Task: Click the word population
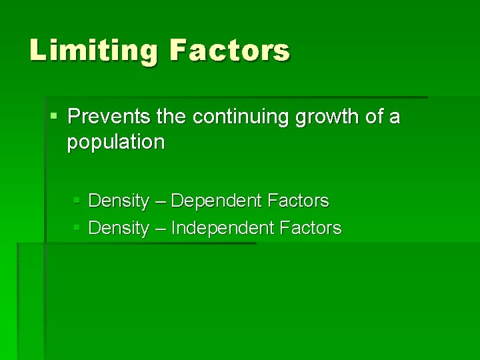click(115, 143)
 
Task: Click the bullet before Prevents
click(54, 118)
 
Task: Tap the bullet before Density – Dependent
click(77, 201)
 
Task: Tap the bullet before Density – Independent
click(77, 229)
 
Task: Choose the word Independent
click(223, 229)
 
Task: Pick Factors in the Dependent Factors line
click(297, 201)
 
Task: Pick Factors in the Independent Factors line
click(311, 229)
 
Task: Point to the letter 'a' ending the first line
click(395, 119)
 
